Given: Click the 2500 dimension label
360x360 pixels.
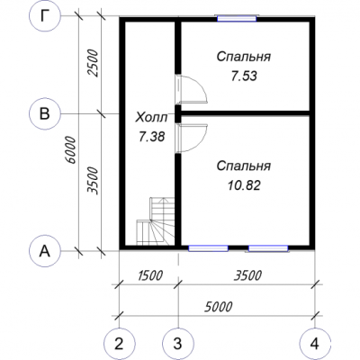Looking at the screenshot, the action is point(94,63).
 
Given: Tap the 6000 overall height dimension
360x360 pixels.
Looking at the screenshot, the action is point(71,150).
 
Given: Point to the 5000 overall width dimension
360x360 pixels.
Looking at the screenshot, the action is point(218,307).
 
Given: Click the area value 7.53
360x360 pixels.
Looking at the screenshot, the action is point(244,76).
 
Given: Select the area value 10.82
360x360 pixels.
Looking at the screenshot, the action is point(244,185).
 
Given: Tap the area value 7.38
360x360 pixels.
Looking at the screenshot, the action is point(151,137).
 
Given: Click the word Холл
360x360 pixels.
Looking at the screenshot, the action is point(151,118).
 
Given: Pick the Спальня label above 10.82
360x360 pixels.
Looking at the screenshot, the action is point(244,166).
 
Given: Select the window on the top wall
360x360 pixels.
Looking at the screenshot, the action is point(237,18).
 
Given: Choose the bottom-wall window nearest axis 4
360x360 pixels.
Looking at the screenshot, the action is point(268,248).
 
